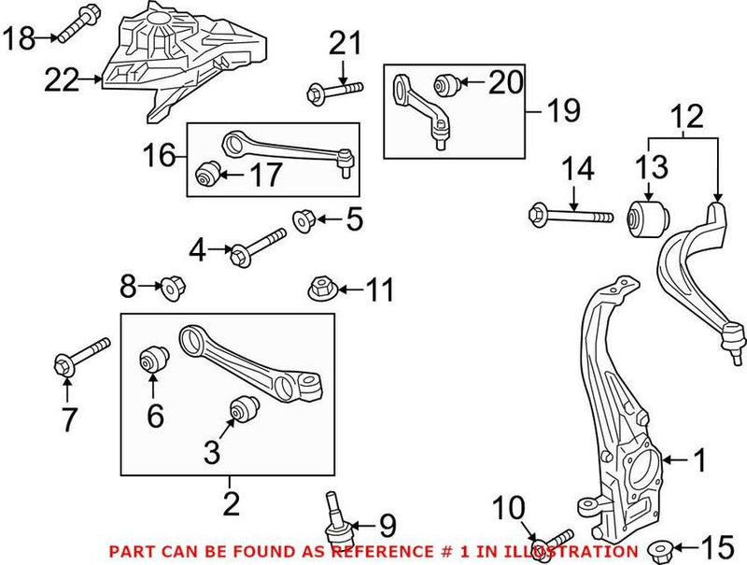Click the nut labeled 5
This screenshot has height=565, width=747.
302,221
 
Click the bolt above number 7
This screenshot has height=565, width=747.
81,356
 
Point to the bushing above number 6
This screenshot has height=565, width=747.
154,360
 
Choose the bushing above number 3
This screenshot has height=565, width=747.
244,409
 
